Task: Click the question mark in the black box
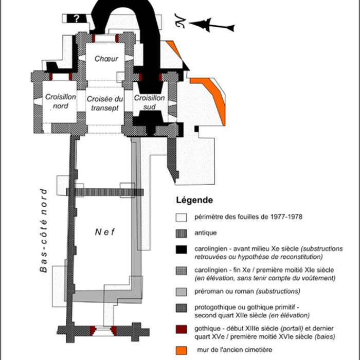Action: (x=77, y=19)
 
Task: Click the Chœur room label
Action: (x=106, y=59)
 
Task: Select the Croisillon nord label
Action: (x=57, y=101)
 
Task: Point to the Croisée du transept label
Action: (x=104, y=103)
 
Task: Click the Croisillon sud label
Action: (x=149, y=101)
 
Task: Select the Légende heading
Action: (x=191, y=200)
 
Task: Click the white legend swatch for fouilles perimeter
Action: (x=182, y=217)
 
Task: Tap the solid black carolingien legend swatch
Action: (x=182, y=250)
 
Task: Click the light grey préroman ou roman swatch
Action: (x=182, y=292)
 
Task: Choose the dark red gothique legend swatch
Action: (x=182, y=330)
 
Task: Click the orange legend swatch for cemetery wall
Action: (x=182, y=350)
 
